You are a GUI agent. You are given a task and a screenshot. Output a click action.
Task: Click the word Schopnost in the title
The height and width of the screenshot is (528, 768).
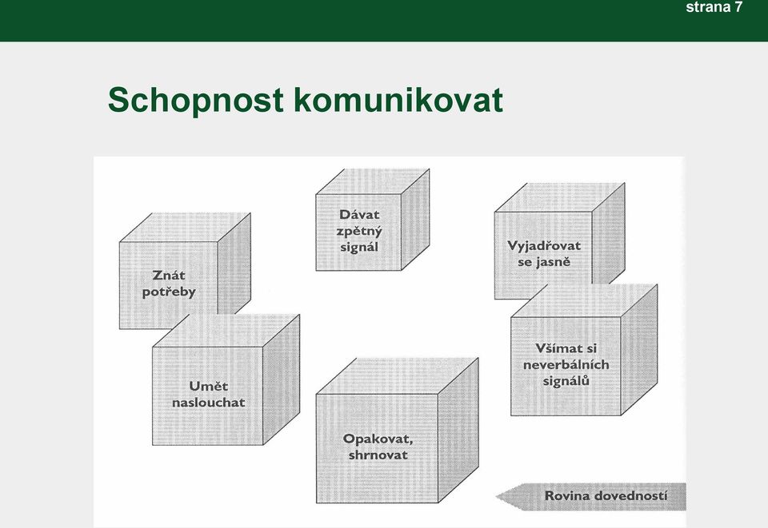coord(195,101)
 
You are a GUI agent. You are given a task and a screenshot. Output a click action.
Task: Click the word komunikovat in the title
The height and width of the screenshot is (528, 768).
coord(398,100)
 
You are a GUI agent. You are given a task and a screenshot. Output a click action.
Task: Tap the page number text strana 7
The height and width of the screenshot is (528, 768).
coord(714,7)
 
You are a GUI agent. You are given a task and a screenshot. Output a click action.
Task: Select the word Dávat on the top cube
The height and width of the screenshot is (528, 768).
coord(359,215)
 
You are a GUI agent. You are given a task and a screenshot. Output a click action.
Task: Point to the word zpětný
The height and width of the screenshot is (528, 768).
coord(359,231)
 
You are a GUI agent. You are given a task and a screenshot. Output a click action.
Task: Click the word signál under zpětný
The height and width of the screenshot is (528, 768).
coord(359,248)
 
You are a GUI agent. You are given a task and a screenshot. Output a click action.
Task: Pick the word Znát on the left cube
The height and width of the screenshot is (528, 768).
coord(169,276)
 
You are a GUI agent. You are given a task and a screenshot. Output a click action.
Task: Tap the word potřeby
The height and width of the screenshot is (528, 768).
coord(169,292)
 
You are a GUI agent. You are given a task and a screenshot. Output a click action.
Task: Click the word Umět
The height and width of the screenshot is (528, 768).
coord(208,387)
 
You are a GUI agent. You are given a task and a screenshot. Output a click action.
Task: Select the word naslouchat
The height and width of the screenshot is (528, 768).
coord(208,403)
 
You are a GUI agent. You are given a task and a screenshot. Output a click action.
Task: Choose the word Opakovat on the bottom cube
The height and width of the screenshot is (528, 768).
coord(378,439)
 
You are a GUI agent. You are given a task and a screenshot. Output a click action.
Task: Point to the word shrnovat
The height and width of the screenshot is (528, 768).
coord(378,455)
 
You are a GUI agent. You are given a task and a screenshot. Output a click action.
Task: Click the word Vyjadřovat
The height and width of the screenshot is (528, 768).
coord(544,246)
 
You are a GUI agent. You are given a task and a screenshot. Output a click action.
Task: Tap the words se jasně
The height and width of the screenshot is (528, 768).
coord(544,262)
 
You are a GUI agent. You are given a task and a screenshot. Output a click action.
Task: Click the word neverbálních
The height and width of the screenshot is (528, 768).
coord(566,364)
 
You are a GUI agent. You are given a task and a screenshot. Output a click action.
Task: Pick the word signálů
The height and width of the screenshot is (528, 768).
coord(566,381)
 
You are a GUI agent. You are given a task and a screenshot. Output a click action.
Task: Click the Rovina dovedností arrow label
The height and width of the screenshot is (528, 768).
coord(606,496)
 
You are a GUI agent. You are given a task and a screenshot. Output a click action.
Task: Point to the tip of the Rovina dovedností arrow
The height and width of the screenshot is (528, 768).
coord(496,497)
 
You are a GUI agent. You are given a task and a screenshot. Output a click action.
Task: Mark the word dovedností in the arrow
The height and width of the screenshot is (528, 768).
coord(631,496)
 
